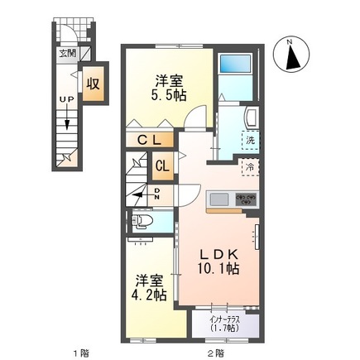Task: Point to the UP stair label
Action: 64,99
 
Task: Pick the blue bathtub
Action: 238,65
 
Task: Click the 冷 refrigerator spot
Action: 248,169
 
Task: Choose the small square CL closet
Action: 163,165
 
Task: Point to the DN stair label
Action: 157,193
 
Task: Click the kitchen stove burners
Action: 246,199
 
